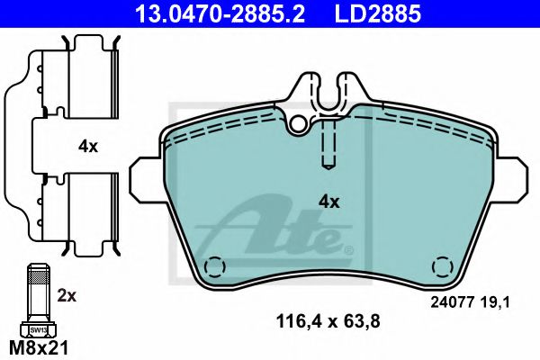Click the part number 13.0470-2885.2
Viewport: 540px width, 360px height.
220,13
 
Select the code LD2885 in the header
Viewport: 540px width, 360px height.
378,13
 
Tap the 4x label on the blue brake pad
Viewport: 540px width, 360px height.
328,202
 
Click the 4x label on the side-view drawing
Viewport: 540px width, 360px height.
88,147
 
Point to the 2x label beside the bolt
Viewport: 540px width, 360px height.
67,295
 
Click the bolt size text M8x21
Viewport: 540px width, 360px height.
39,348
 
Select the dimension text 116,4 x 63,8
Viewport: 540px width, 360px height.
328,321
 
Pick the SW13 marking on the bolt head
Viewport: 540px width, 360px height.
38,330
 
